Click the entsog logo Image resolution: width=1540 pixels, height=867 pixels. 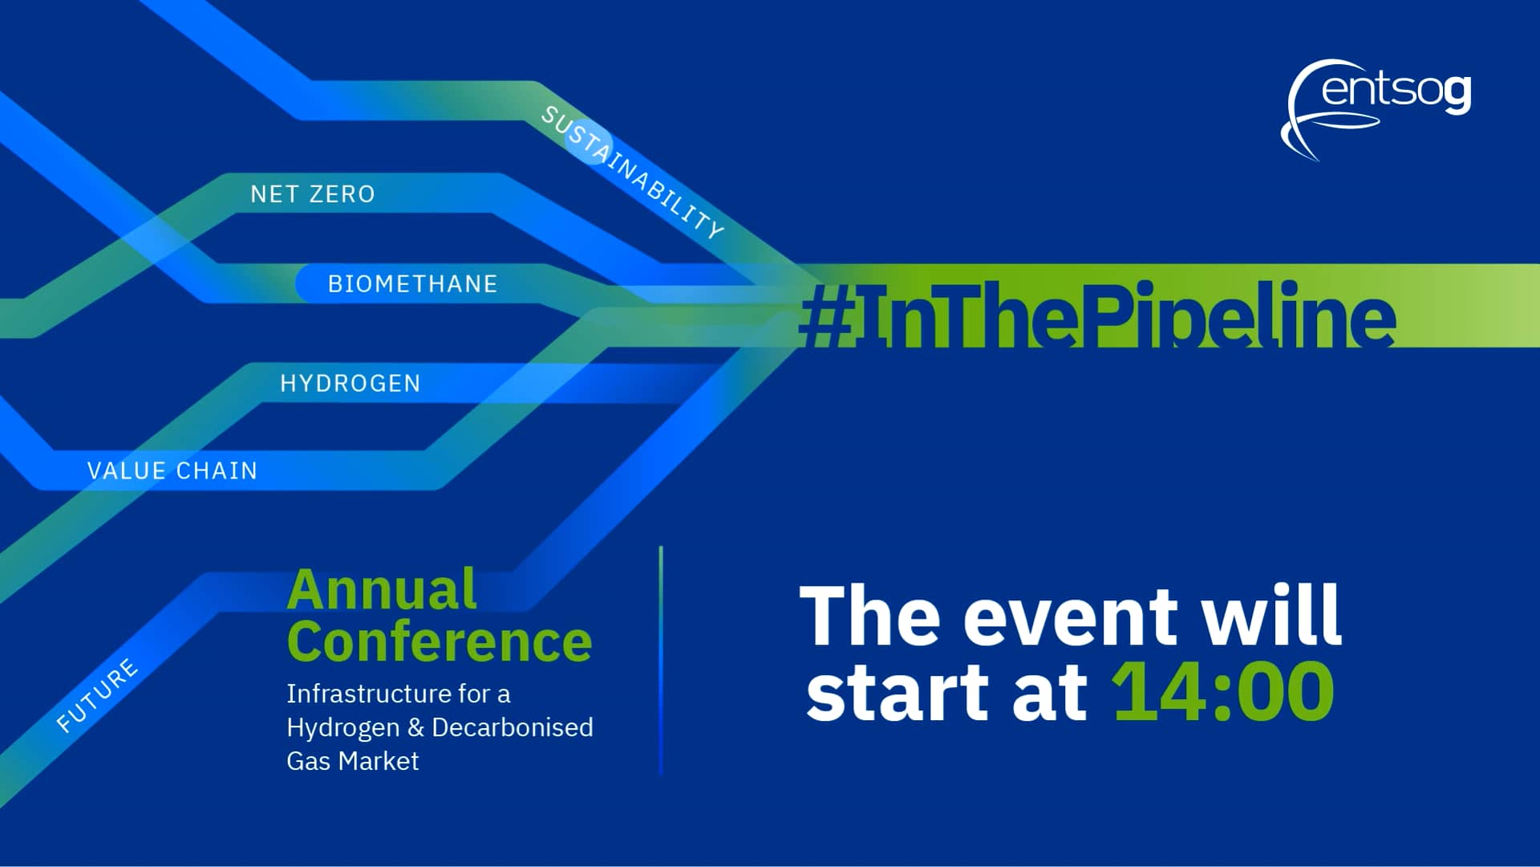pos(1376,108)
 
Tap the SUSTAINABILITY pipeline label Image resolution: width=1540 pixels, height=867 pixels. pos(632,173)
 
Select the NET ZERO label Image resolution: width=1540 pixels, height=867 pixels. pos(313,194)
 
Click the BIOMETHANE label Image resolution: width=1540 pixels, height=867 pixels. pos(412,284)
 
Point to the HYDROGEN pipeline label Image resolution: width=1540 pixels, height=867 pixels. pos(351,384)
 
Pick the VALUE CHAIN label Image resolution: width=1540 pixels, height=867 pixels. pos(172,470)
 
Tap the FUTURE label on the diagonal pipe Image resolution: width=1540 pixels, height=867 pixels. pos(97,695)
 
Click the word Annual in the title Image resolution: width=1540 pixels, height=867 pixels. pos(382,590)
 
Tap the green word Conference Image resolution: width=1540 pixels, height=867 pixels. pos(440,642)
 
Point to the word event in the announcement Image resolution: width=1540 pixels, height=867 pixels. pos(1069,617)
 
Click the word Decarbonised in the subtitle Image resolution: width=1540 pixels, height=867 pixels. pos(513,727)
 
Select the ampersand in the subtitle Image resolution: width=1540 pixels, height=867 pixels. pos(415,727)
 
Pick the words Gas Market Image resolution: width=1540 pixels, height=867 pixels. pos(353,761)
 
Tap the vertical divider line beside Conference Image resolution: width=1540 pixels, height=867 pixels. pos(661,661)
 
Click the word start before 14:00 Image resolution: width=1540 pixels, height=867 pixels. pos(896,693)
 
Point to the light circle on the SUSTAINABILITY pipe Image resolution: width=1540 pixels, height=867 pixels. pos(590,142)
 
